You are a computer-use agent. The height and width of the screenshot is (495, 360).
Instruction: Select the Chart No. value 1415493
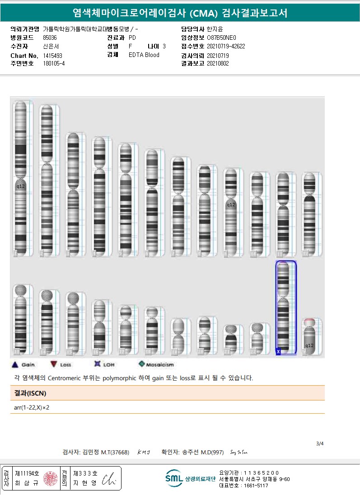coord(53,55)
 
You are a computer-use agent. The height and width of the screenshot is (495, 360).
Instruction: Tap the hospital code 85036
coord(50,38)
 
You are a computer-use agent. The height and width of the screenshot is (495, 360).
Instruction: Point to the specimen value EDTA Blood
coord(144,55)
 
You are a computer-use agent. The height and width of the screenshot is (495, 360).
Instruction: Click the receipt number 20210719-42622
coord(226,47)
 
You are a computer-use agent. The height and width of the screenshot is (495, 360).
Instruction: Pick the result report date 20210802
coord(218,64)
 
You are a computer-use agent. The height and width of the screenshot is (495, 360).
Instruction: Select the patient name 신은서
coord(51,47)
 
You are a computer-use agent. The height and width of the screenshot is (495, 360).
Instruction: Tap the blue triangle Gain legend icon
coord(14,364)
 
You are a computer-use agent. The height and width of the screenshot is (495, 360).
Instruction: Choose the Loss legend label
coord(65,365)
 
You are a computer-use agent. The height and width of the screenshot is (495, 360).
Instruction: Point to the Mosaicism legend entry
coord(156,364)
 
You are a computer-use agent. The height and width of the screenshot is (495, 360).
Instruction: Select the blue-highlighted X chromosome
coord(285,307)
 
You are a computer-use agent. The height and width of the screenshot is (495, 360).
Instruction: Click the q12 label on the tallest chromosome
coord(20,186)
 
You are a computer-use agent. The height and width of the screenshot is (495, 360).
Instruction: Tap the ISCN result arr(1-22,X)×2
coord(32,407)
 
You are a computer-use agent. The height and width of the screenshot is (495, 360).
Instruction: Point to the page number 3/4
coord(320,443)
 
